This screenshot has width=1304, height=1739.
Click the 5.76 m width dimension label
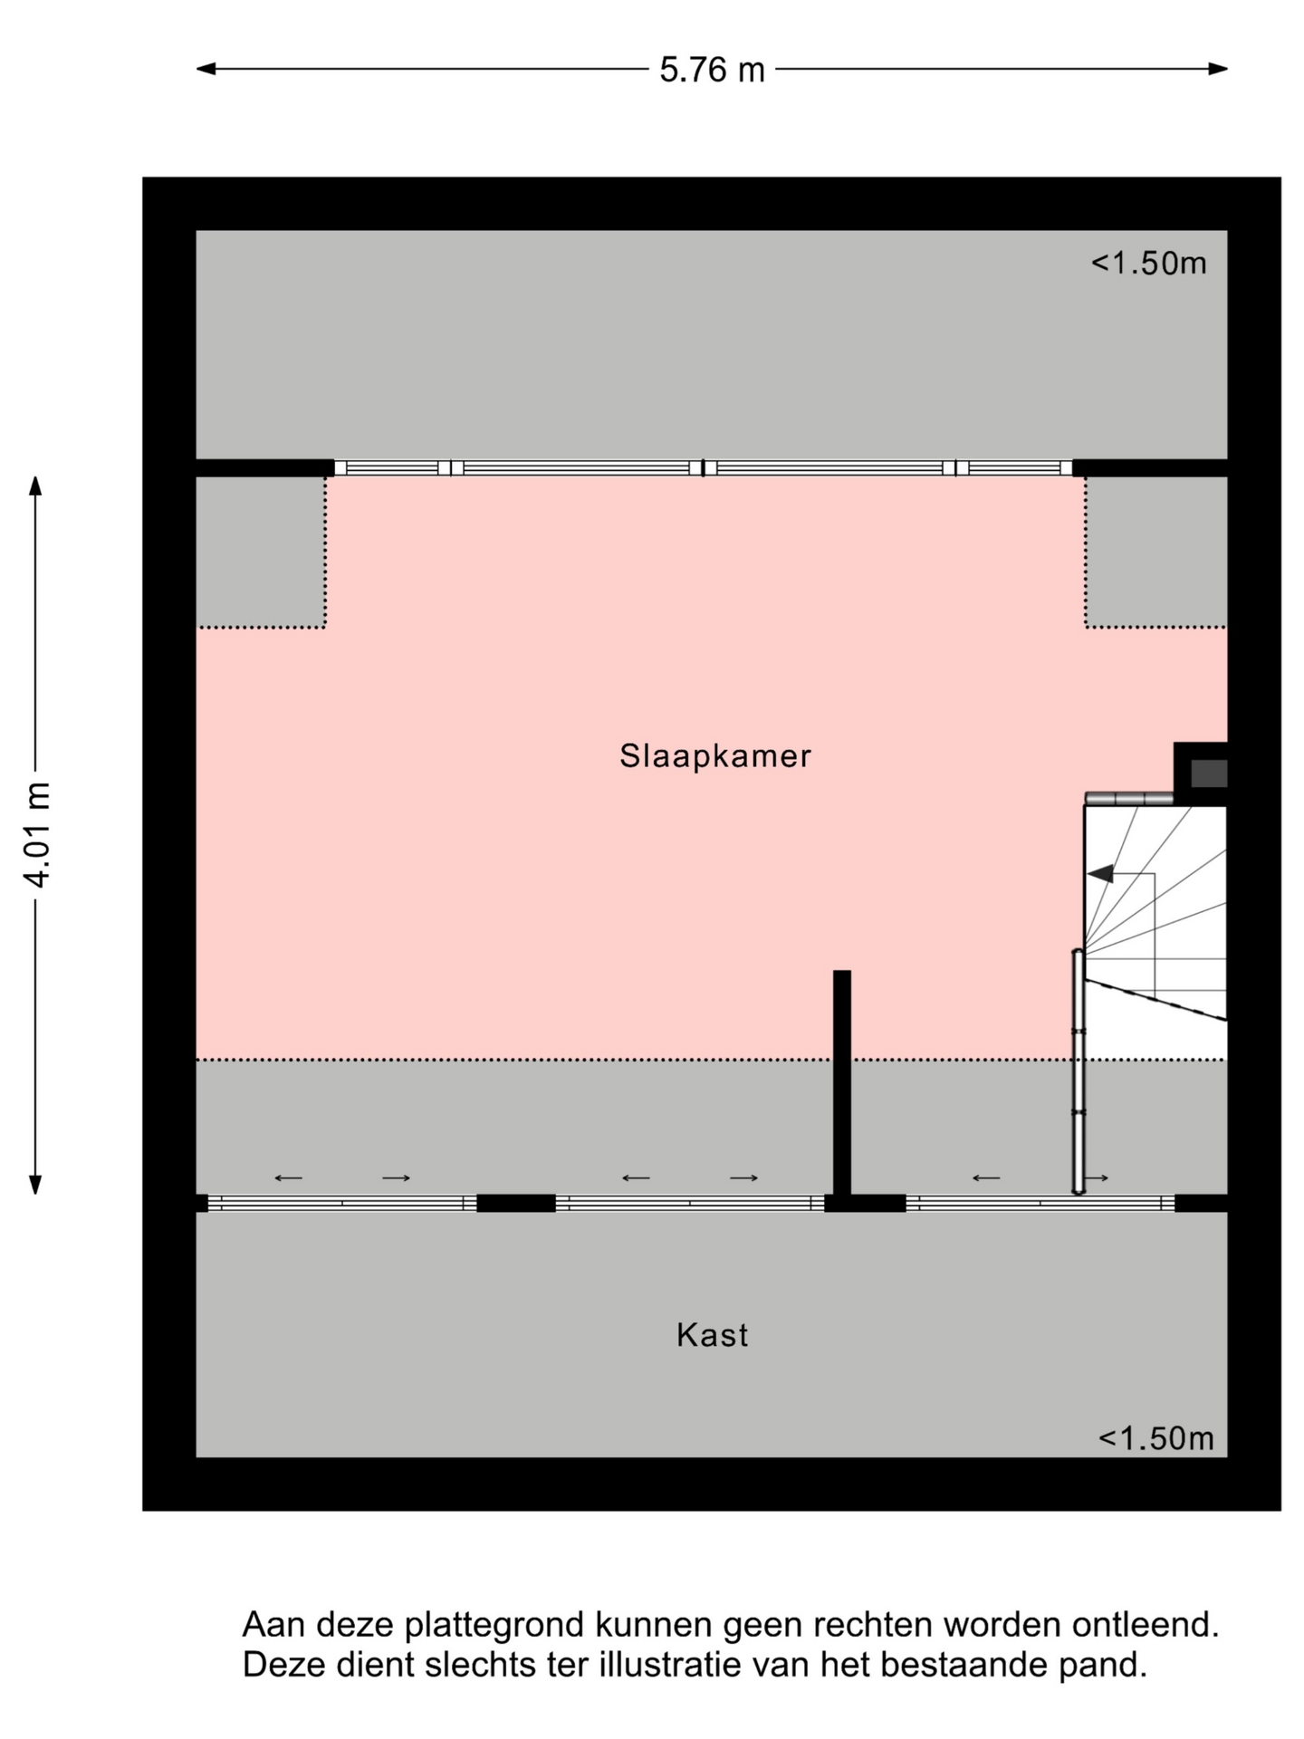pos(712,70)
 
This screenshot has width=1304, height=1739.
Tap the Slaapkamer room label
pos(714,755)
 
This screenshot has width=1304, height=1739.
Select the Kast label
pos(712,1335)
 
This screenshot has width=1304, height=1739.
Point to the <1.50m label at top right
pos(1148,263)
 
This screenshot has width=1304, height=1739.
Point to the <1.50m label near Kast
pos(1155,1437)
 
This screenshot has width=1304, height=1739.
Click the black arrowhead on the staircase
pos(1100,874)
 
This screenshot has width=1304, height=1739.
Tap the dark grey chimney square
pos(1209,773)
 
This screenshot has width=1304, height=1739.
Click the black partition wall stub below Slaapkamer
pos(842,1082)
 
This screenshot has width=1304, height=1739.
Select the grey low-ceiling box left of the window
pos(261,552)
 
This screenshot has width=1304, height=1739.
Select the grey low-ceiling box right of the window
pos(1156,552)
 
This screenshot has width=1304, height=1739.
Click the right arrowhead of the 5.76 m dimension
pos(1218,69)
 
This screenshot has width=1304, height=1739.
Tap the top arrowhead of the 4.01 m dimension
pos(35,486)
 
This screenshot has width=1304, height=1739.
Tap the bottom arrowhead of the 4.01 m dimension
pos(35,1184)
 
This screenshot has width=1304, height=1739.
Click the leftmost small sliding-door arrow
pos(288,1178)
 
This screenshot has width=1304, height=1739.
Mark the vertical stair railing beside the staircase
pos(1079,1071)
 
